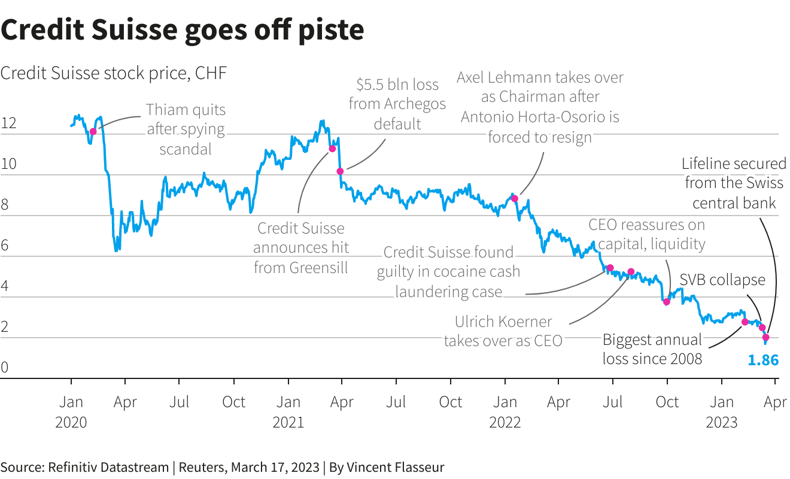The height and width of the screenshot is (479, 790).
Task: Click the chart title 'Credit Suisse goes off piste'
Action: click(182, 29)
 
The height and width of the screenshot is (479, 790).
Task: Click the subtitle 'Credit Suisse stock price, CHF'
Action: click(114, 73)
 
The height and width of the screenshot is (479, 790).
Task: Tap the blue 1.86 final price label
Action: click(763, 360)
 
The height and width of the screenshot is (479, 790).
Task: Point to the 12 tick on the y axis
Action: click(8, 125)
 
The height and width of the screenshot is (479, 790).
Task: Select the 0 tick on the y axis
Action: click(5, 368)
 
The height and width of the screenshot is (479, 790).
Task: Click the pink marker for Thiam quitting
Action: click(93, 132)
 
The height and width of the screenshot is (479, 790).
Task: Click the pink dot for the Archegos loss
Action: click(340, 171)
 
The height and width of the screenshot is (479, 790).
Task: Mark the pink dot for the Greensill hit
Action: click(332, 148)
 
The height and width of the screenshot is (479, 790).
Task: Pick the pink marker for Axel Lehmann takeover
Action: click(514, 198)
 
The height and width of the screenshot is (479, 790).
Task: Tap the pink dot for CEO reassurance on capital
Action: click(667, 302)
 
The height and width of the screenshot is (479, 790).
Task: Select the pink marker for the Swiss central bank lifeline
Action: click(765, 338)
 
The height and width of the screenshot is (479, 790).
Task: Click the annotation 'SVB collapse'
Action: click(722, 280)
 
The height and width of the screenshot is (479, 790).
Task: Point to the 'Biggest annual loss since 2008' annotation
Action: click(652, 349)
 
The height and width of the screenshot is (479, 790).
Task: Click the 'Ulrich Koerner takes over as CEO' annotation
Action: click(503, 331)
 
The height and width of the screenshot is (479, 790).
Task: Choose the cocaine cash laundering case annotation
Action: click(448, 272)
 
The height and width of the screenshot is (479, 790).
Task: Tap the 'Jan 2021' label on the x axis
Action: click(288, 411)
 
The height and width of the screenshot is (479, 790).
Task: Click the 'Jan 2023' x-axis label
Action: click(722, 411)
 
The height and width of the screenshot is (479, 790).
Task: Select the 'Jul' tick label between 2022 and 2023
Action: click(613, 402)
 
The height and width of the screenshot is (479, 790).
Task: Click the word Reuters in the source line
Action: click(203, 467)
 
